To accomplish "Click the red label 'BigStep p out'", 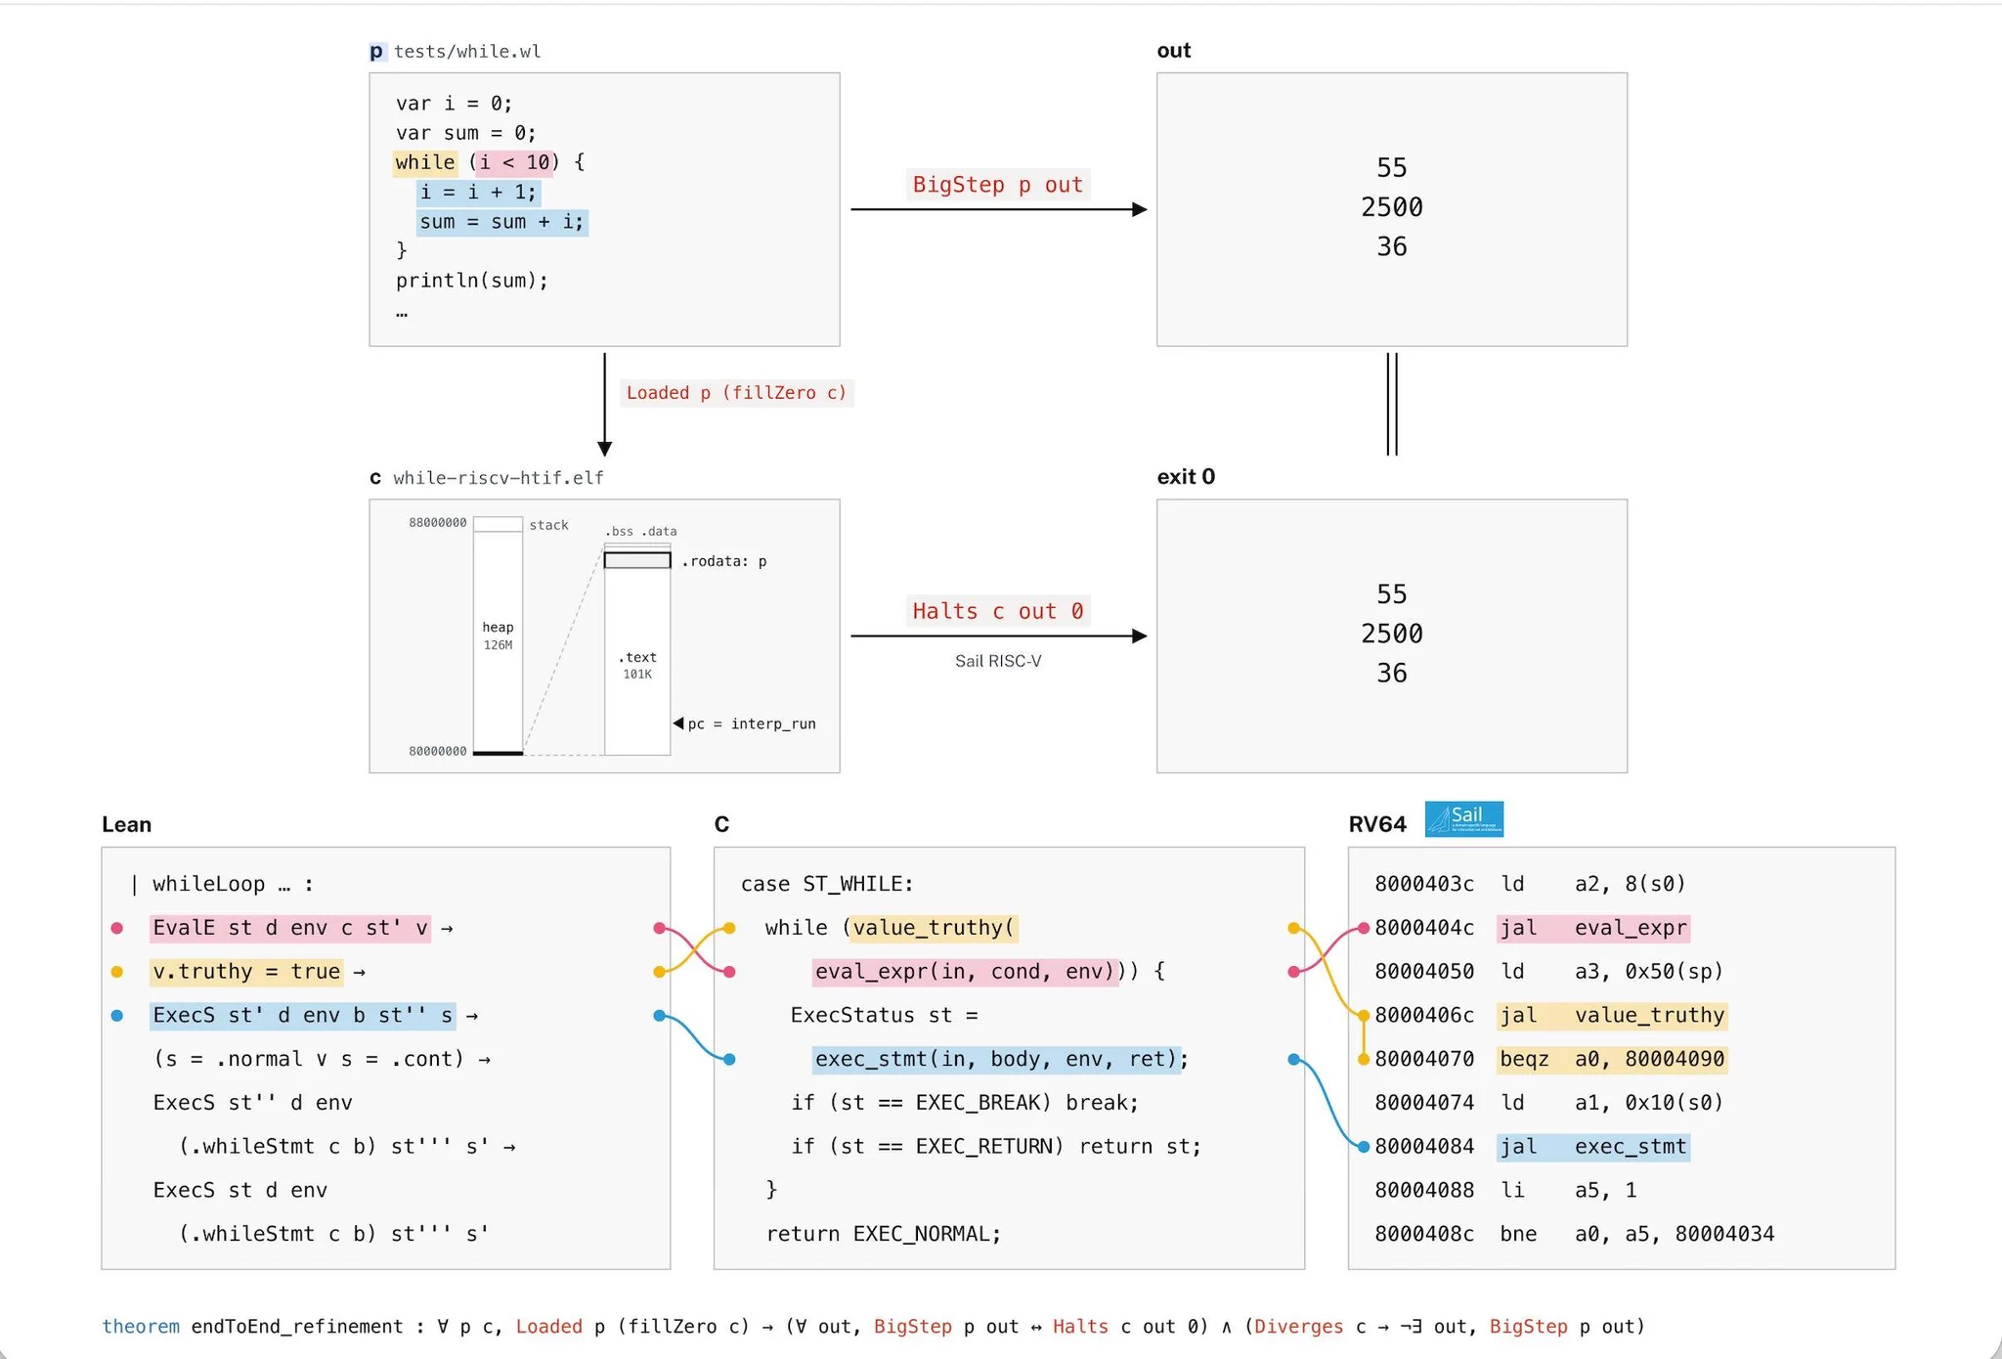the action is [997, 185].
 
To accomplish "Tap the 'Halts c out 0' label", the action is [997, 611].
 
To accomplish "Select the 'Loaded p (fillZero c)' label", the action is [736, 393].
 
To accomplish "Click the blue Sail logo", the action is [1463, 819].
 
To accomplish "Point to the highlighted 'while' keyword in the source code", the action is [425, 162].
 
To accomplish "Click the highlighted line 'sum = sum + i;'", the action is [502, 222].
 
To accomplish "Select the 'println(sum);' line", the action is [472, 281].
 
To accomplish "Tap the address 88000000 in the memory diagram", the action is [438, 523].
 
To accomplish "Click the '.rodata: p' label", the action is [724, 561].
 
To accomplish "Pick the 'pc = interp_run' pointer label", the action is [752, 723].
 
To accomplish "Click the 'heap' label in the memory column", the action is [498, 627].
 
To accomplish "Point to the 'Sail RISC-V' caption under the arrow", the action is [998, 661].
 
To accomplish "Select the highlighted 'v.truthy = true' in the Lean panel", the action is [246, 972].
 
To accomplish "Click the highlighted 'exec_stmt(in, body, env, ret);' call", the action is [1001, 1059].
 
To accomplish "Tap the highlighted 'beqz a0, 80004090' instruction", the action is [1612, 1059].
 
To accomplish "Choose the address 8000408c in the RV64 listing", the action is [1424, 1234].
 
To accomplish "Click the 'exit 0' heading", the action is [1186, 476].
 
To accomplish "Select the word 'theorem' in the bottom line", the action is [141, 1327].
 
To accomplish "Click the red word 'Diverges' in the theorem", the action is [1299, 1327].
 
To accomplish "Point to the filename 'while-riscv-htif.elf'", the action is [499, 478].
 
